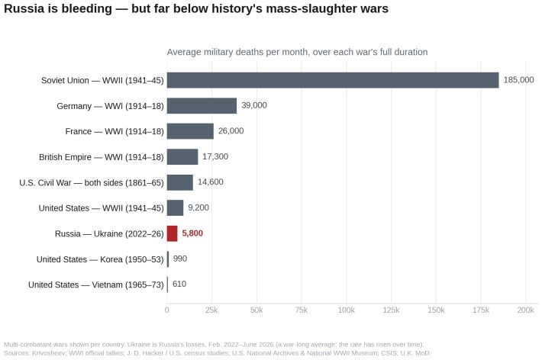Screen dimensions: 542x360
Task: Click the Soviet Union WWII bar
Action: coord(333,80)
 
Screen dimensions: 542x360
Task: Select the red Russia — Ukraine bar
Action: coord(172,233)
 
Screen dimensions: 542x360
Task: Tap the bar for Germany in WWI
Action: coord(202,106)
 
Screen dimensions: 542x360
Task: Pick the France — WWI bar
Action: coord(190,131)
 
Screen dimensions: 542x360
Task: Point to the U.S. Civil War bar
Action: coord(180,182)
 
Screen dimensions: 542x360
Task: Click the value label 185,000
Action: coord(518,80)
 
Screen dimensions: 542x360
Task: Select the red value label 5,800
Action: coord(192,233)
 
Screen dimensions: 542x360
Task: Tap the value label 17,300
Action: coord(215,156)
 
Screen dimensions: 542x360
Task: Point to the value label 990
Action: coord(180,259)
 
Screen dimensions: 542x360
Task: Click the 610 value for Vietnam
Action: coord(179,284)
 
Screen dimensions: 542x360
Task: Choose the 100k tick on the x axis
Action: coord(347,310)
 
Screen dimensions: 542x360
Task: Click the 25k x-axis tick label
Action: coord(211,310)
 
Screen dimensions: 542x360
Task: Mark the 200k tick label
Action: coord(526,310)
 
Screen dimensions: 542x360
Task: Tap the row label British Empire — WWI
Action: coord(102,157)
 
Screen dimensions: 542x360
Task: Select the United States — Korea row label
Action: coord(100,259)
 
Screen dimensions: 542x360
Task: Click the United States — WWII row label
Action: coord(102,208)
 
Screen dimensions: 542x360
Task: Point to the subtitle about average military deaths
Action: coord(297,52)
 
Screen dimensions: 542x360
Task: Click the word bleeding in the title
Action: coord(86,8)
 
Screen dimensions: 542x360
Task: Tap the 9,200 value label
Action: coord(198,207)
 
